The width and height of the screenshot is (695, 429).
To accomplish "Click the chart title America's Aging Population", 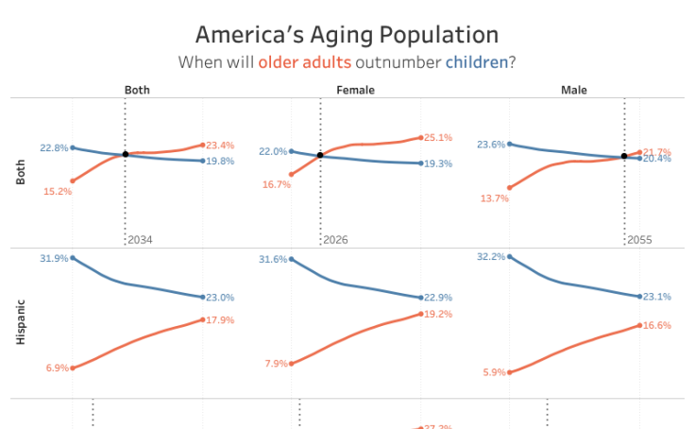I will click(x=347, y=35).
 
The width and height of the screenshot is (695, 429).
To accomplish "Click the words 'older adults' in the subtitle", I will click(x=304, y=62).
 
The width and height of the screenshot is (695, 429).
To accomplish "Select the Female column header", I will click(x=355, y=91).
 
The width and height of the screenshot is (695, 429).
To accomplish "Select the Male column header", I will click(x=573, y=91).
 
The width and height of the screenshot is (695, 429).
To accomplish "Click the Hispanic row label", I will click(x=21, y=322).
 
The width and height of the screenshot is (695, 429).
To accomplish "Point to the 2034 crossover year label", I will click(x=140, y=240).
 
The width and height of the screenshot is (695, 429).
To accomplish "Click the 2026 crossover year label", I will click(x=335, y=240).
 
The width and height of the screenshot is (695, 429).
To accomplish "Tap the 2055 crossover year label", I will click(x=639, y=240).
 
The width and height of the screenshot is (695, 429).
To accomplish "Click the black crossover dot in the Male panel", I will click(x=624, y=157).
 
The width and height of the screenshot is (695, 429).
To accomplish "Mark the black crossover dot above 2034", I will click(x=126, y=154).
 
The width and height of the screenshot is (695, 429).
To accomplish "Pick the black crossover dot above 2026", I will click(x=320, y=155).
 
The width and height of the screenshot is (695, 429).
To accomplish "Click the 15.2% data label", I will click(x=58, y=191).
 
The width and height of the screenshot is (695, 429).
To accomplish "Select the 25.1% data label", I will click(x=438, y=138).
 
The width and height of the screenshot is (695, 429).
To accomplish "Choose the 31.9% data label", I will click(x=54, y=258).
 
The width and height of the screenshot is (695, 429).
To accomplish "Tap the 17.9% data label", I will click(x=220, y=320).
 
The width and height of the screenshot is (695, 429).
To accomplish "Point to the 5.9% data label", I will click(x=495, y=372).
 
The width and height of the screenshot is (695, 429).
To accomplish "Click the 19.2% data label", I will click(x=438, y=314).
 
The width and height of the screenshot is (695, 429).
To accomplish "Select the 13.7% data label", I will click(x=493, y=197).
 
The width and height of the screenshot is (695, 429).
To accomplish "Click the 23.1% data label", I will click(x=657, y=297).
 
